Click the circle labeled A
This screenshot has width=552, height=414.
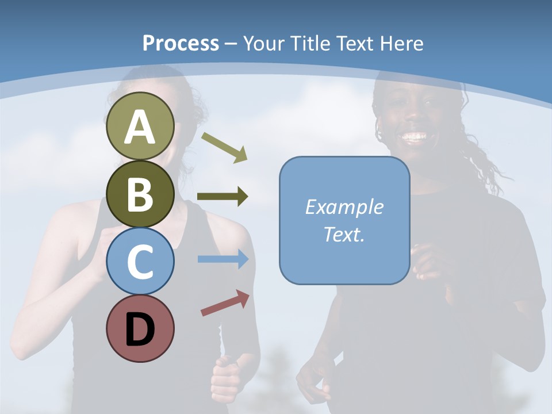(140, 126)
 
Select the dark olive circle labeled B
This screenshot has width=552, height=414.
(140, 194)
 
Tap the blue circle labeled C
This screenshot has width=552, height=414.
(140, 261)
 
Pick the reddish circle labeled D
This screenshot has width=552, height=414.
(140, 328)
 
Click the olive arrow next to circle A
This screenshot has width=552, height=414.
(224, 147)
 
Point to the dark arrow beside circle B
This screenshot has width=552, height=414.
(223, 197)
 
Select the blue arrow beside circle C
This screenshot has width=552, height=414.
(223, 259)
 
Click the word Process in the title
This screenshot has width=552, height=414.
(181, 43)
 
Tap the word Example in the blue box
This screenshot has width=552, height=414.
(344, 207)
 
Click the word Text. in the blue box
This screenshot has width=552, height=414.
(344, 234)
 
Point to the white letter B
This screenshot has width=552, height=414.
(140, 194)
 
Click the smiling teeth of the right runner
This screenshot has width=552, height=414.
(415, 137)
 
